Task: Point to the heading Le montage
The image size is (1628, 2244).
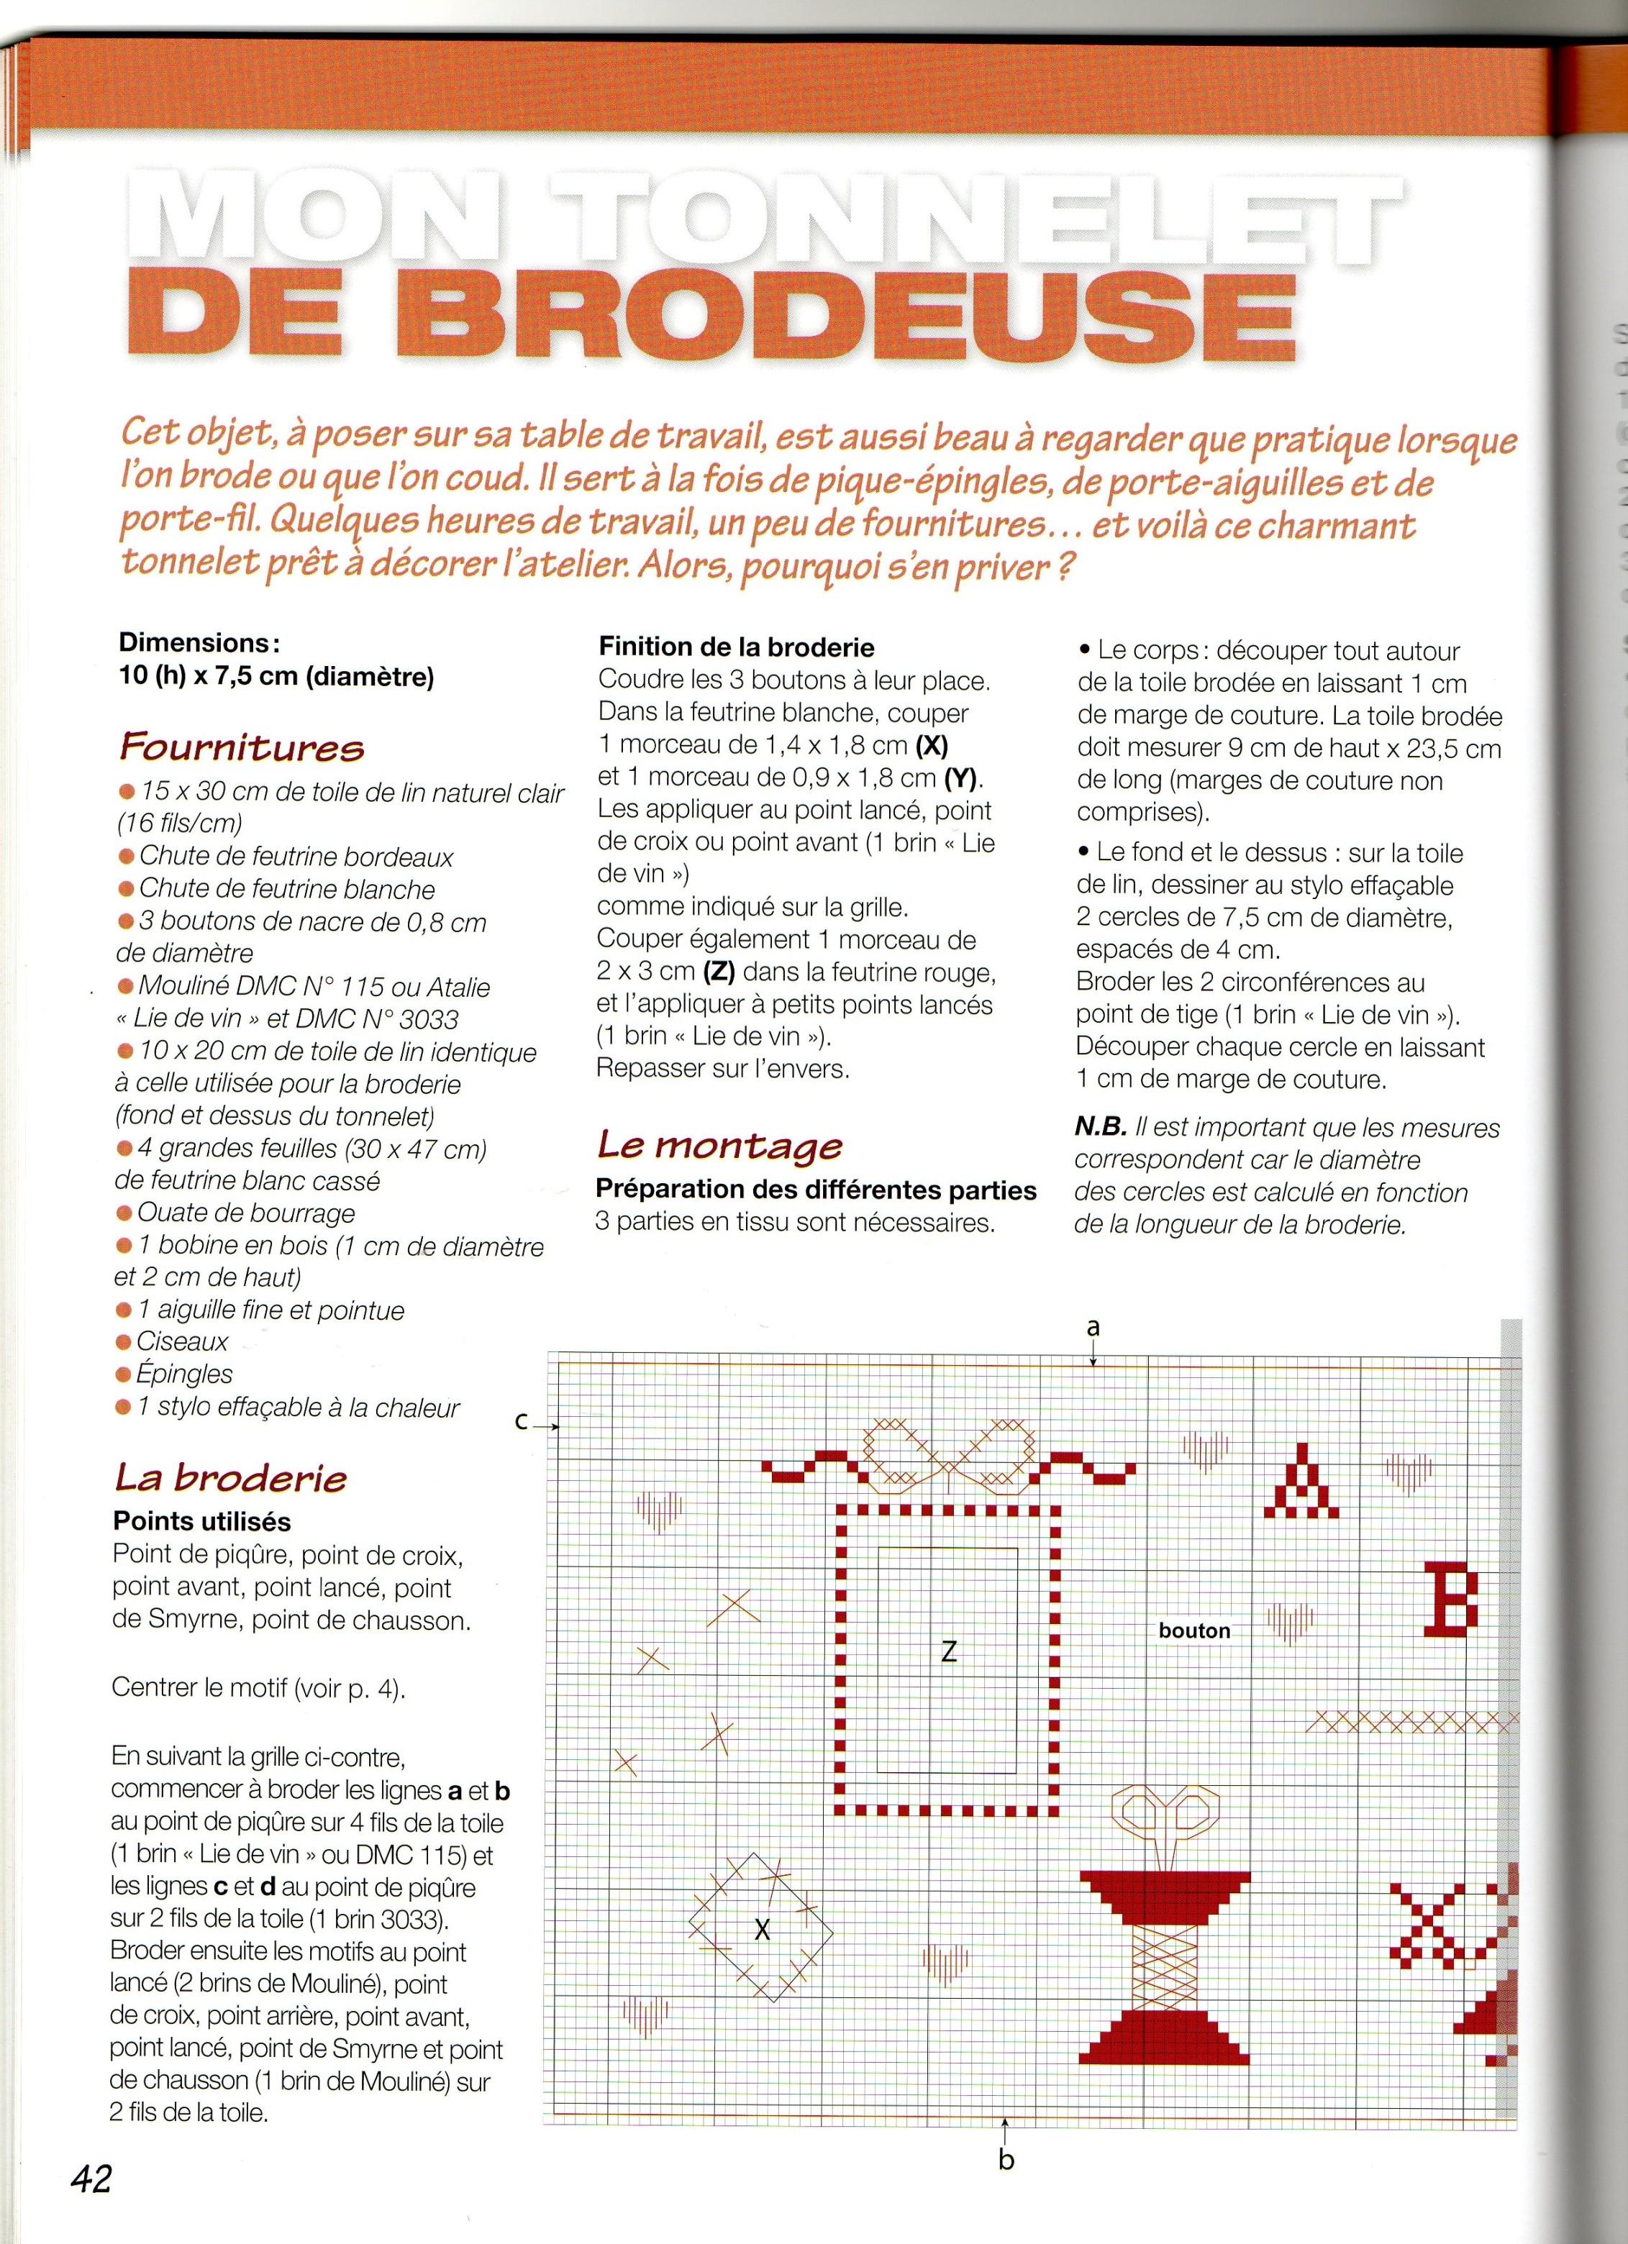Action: pyautogui.click(x=719, y=1145)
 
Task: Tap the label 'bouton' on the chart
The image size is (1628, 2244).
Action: pyautogui.click(x=1194, y=1630)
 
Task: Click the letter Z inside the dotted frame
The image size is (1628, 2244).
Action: pyautogui.click(x=949, y=1651)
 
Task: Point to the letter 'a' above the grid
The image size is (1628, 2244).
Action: pyautogui.click(x=1093, y=1328)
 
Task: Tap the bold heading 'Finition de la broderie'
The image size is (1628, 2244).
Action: pyautogui.click(x=737, y=647)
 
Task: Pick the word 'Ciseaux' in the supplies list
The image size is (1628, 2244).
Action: pyautogui.click(x=183, y=1341)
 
